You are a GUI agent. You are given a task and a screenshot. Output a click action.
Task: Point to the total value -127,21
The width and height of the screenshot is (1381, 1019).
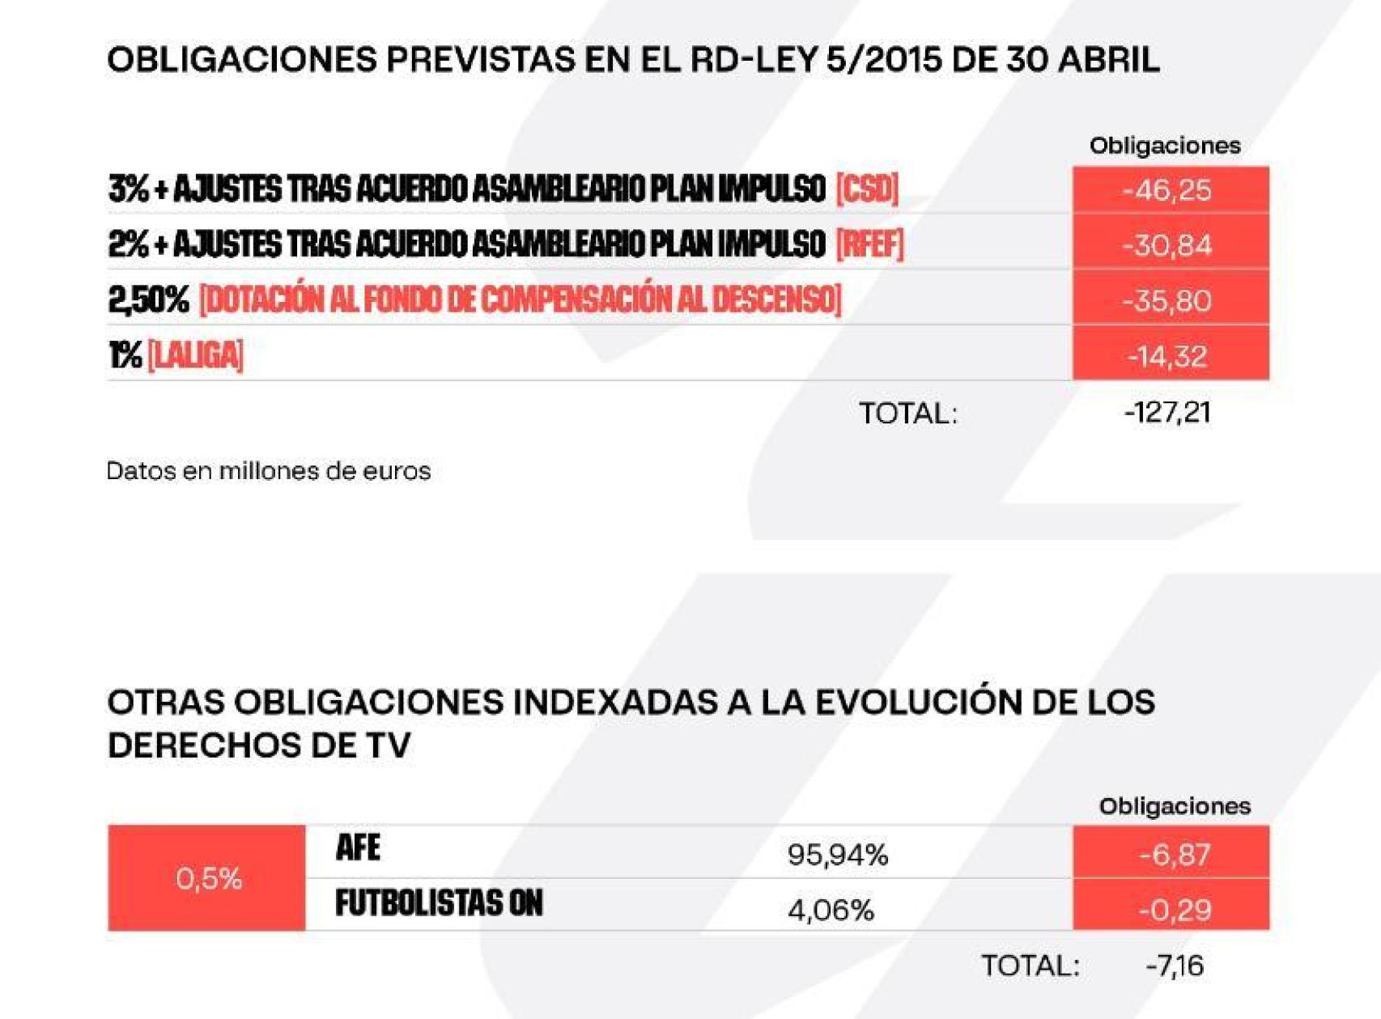(1166, 413)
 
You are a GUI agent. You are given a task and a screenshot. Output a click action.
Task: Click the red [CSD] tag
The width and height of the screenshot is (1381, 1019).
(867, 189)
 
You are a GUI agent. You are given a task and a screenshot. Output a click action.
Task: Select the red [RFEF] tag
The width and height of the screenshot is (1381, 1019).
(869, 244)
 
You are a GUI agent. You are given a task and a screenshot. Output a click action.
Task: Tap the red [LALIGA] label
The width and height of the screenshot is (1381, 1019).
(195, 355)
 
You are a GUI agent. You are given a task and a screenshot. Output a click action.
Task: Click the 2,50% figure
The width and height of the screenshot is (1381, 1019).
(148, 300)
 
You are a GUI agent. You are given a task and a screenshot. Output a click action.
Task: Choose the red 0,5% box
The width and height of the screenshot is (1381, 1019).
(207, 878)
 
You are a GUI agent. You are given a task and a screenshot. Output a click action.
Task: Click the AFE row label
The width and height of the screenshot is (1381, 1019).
(358, 848)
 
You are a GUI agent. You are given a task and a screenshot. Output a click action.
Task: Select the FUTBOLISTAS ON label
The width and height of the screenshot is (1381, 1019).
(439, 903)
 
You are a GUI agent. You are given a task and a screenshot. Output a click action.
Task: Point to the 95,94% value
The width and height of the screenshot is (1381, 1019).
(837, 855)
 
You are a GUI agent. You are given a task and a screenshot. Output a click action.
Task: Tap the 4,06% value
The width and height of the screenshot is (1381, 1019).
(831, 911)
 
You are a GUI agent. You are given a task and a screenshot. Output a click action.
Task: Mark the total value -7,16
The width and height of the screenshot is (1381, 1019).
(1174, 966)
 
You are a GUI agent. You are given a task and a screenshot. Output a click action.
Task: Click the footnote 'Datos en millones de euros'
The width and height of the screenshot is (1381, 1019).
(268, 471)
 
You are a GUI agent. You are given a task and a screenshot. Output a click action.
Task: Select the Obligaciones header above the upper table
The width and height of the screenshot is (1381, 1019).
(1164, 146)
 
